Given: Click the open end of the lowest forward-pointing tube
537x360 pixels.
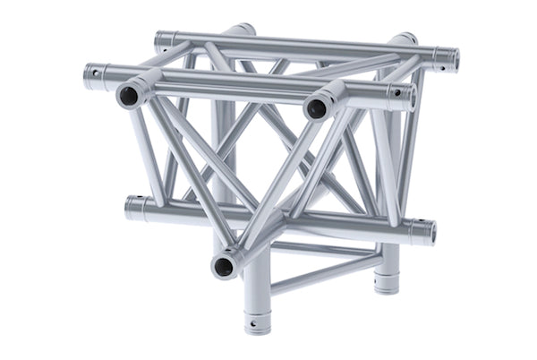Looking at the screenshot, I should click(x=224, y=265).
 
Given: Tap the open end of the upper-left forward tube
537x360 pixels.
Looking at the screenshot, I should click(x=128, y=96).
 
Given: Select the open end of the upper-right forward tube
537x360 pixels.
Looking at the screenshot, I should click(x=316, y=109).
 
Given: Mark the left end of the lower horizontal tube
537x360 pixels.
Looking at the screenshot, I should click(x=132, y=208).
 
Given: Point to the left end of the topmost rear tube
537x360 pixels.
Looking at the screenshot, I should click(x=161, y=39).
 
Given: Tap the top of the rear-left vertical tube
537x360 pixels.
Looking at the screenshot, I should click(x=238, y=29).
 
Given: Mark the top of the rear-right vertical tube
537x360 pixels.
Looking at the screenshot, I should click(x=405, y=39).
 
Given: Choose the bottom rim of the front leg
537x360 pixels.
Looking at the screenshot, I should click(x=257, y=330).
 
